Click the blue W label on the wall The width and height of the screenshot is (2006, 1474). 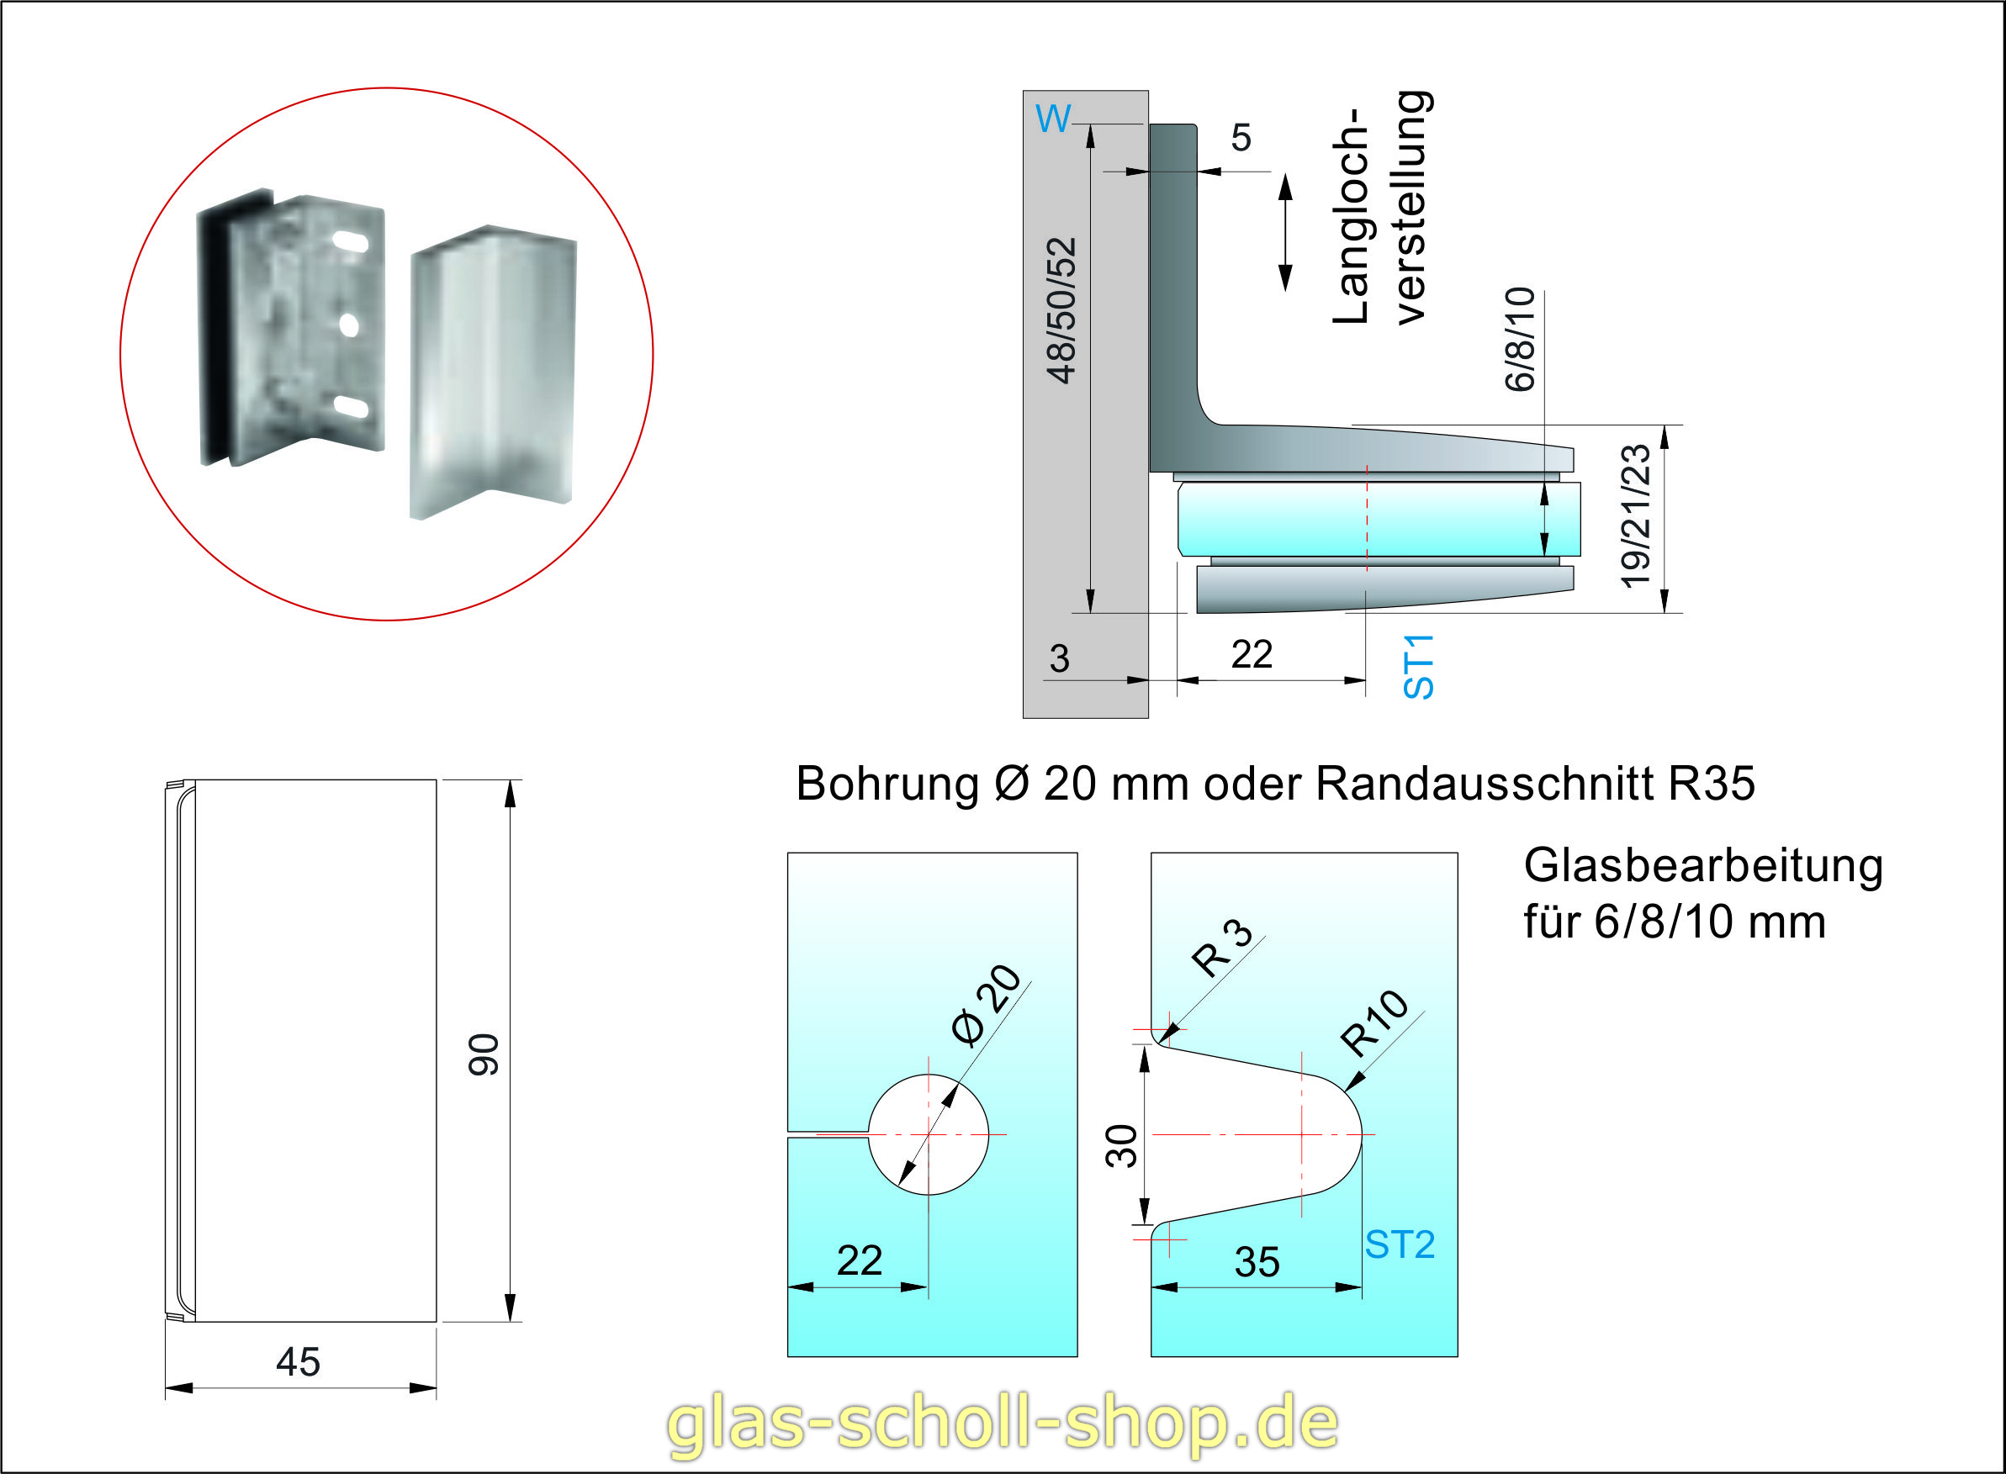coord(1052,119)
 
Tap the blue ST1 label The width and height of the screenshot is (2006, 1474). coord(1418,667)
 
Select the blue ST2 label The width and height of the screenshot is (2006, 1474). coord(1400,1244)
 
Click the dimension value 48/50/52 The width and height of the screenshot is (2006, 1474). coord(1062,310)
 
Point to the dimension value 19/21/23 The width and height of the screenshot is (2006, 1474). coord(1636,516)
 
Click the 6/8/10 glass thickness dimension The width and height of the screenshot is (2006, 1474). coord(1520,339)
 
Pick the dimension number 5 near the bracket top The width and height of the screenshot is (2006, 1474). coord(1241,138)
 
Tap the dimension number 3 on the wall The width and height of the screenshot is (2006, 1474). coord(1059,659)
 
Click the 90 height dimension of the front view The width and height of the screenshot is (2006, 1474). coord(484,1054)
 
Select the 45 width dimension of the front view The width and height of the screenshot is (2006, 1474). coord(298,1362)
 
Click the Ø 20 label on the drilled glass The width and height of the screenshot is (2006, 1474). coord(987,1005)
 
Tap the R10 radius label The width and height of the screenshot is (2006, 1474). coord(1374,1023)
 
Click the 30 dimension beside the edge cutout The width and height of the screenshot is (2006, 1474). coord(1122,1147)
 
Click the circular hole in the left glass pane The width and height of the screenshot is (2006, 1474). coord(928,1135)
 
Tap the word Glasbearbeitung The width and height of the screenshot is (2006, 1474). coord(1702,866)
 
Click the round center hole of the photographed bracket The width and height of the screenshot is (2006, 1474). coord(349,325)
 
